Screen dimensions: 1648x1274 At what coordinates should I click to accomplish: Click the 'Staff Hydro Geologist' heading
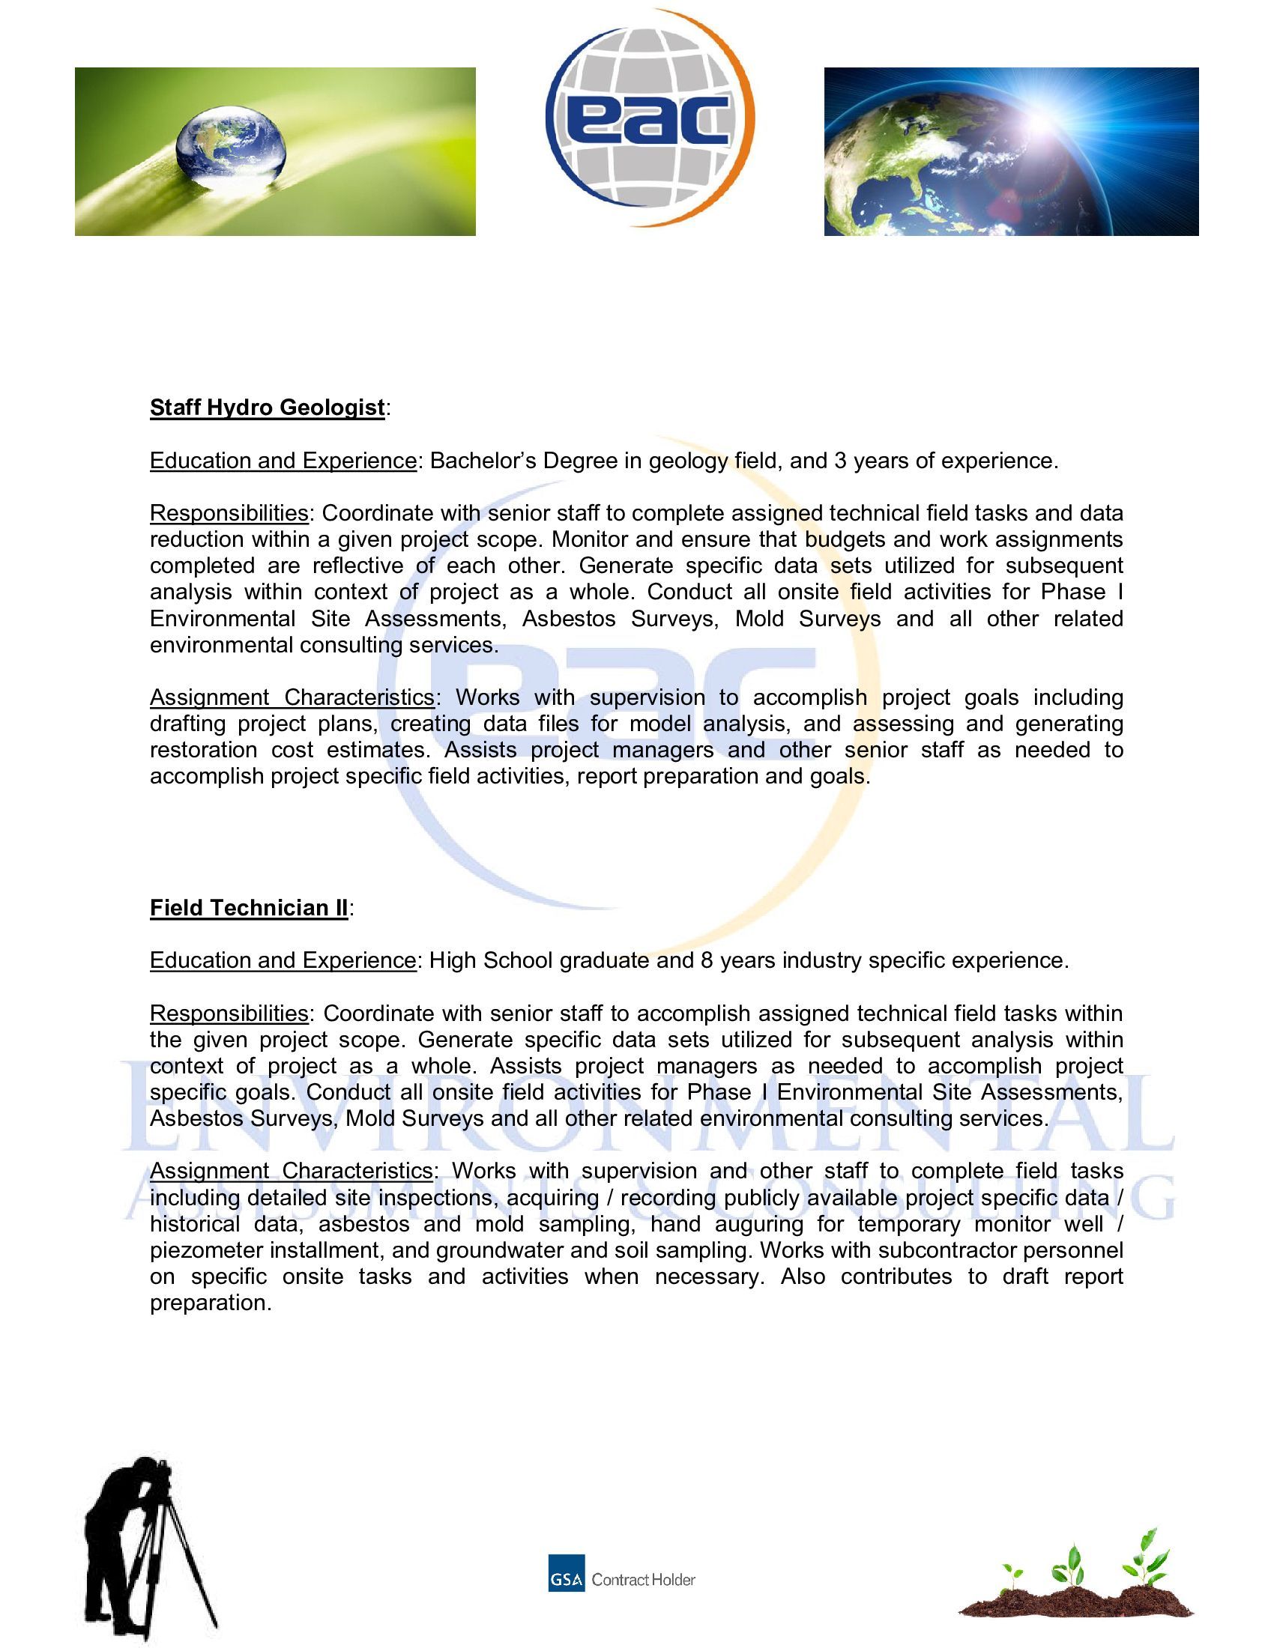click(x=268, y=408)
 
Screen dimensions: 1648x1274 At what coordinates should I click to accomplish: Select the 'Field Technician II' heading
click(x=249, y=907)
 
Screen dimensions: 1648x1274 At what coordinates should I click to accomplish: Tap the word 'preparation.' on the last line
click(x=211, y=1303)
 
